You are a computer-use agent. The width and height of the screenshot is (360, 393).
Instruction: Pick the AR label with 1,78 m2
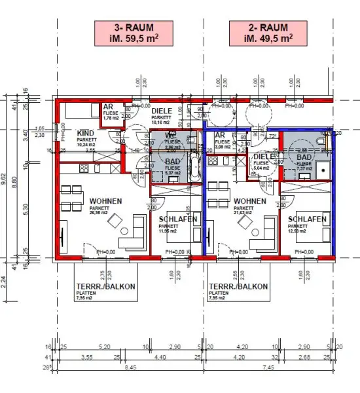pyautogui.click(x=109, y=108)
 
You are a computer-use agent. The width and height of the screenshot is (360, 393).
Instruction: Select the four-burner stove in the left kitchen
pyautogui.click(x=85, y=170)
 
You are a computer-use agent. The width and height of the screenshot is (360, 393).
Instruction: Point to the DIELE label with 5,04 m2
pyautogui.click(x=263, y=158)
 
